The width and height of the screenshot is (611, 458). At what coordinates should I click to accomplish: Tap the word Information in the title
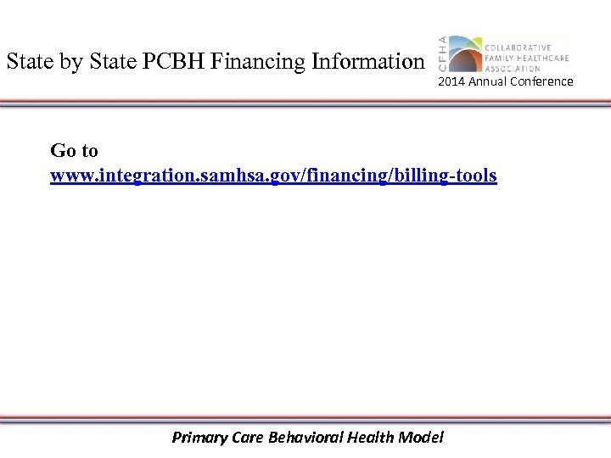(x=367, y=62)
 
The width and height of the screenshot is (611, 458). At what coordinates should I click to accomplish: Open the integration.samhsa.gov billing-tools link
(x=273, y=176)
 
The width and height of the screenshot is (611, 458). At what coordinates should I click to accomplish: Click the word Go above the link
(x=62, y=151)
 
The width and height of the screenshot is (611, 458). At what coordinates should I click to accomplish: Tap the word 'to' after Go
(x=89, y=151)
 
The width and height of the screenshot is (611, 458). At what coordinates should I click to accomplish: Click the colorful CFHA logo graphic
(x=464, y=53)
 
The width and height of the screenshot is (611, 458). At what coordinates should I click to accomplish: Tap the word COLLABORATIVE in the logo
(x=518, y=47)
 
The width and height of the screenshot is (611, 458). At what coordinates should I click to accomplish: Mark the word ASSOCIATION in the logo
(x=513, y=68)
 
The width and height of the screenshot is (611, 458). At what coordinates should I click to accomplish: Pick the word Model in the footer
(x=423, y=438)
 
